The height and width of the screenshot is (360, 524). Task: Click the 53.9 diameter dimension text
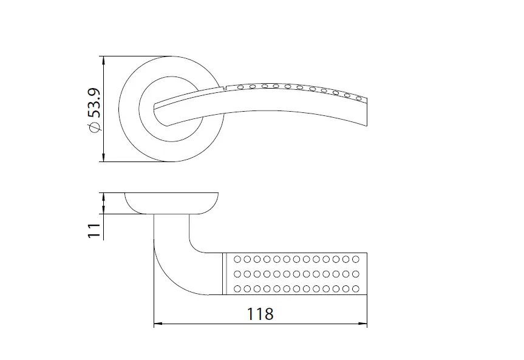click(x=94, y=103)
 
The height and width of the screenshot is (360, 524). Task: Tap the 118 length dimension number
click(x=260, y=314)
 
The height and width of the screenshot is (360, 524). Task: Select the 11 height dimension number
click(x=94, y=231)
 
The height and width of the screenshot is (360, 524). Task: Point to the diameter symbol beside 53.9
click(x=95, y=127)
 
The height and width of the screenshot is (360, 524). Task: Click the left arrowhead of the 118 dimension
click(x=158, y=324)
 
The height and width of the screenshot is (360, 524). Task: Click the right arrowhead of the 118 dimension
click(x=363, y=324)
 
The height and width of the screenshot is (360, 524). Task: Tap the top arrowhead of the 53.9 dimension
click(x=104, y=60)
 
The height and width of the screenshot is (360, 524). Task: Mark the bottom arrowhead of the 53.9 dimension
click(x=104, y=157)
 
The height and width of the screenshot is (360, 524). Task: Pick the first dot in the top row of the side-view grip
click(x=237, y=259)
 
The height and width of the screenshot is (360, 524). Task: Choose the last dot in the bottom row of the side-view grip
click(x=356, y=288)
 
